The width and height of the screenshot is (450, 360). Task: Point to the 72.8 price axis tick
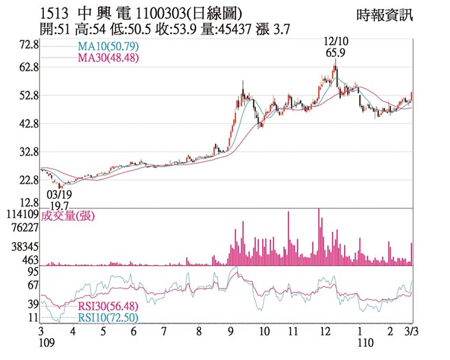click(28, 45)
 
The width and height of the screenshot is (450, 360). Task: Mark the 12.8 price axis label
click(28, 203)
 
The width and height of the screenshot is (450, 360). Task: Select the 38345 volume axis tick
click(23, 245)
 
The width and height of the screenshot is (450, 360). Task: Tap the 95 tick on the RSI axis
click(32, 272)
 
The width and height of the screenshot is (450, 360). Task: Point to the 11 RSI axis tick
click(32, 318)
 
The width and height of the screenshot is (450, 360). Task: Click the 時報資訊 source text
click(386, 14)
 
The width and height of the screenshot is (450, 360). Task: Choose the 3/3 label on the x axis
click(411, 331)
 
